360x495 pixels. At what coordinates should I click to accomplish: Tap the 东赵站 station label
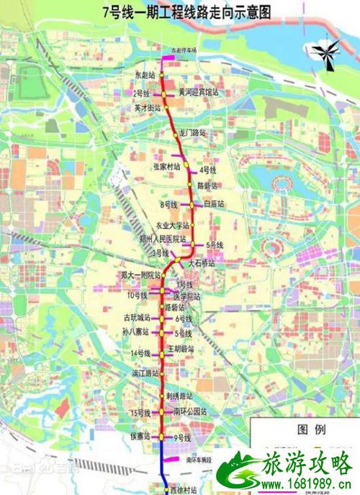(x=145, y=74)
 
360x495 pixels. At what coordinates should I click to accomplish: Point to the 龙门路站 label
(x=192, y=133)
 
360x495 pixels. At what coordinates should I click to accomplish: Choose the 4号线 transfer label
(x=208, y=169)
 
